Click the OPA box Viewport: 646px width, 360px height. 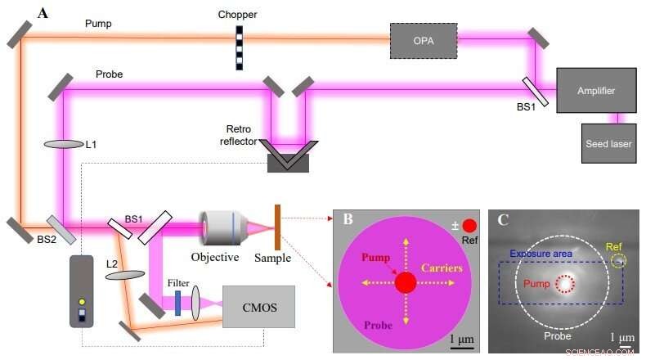point(423,40)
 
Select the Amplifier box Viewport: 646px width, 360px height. point(595,90)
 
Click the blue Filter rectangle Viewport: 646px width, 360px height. point(177,304)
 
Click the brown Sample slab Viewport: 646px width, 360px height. point(278,227)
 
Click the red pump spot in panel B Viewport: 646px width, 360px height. point(406,283)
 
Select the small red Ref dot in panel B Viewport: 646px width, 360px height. point(469,225)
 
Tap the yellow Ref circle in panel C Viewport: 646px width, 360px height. point(618,261)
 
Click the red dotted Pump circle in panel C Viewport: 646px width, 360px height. point(564,285)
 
